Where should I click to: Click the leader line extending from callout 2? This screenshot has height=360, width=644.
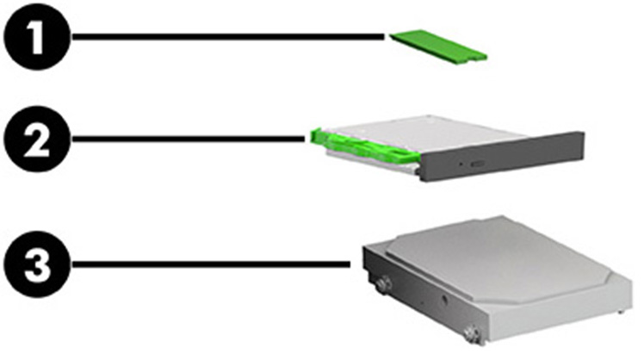189,138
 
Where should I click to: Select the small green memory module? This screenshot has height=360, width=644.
438,44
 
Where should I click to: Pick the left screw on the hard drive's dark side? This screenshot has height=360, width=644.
383,281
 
